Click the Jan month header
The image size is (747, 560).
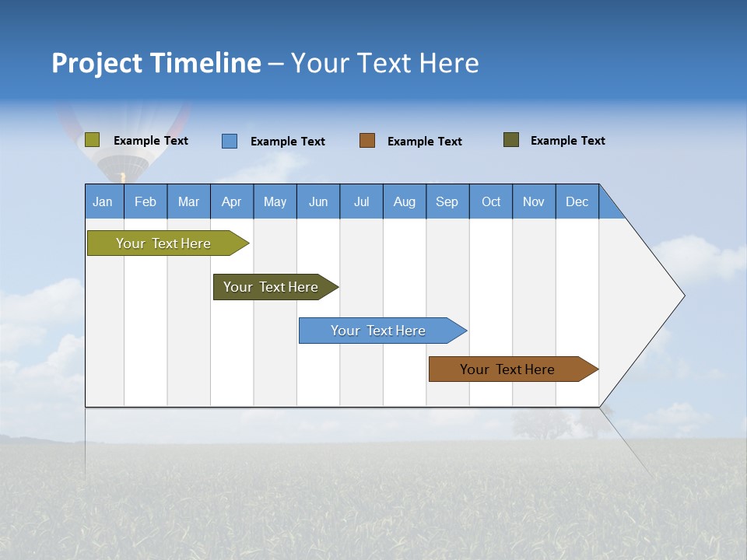[103, 201]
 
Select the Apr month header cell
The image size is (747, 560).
[232, 201]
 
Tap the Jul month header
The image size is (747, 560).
[361, 201]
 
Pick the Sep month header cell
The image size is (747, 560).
[447, 201]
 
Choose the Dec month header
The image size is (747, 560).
[577, 201]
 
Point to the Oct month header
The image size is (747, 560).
[491, 201]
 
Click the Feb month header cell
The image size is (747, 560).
[146, 201]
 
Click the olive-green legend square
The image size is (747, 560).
[93, 140]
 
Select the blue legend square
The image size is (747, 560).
[230, 141]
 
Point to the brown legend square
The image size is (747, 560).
[367, 141]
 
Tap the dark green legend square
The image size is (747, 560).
[511, 140]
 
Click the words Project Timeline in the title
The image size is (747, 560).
[156, 63]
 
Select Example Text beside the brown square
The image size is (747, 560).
[425, 142]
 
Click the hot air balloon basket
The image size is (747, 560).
[122, 178]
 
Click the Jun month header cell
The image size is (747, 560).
[318, 201]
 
